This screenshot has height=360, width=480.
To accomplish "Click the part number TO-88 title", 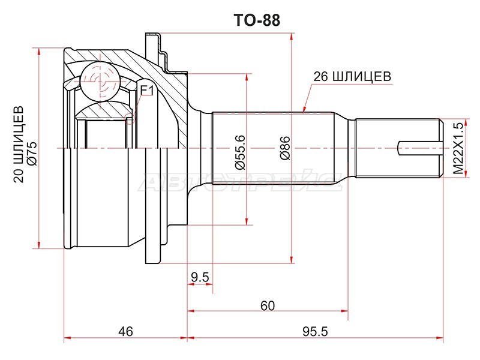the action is [x=257, y=20].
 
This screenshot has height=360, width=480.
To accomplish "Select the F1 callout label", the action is [x=146, y=91].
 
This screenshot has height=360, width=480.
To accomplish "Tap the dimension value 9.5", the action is [x=200, y=277].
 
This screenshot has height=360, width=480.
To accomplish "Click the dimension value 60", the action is [x=268, y=305].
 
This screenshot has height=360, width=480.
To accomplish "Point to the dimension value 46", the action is [x=125, y=332].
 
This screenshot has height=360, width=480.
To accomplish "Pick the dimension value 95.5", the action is [x=315, y=332].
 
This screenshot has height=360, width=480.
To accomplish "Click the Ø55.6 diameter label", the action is [x=241, y=152].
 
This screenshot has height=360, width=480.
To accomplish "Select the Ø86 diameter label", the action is [x=284, y=148].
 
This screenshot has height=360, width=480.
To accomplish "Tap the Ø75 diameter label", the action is [x=32, y=154].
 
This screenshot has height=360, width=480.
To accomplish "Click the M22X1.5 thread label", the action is [x=458, y=148].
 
